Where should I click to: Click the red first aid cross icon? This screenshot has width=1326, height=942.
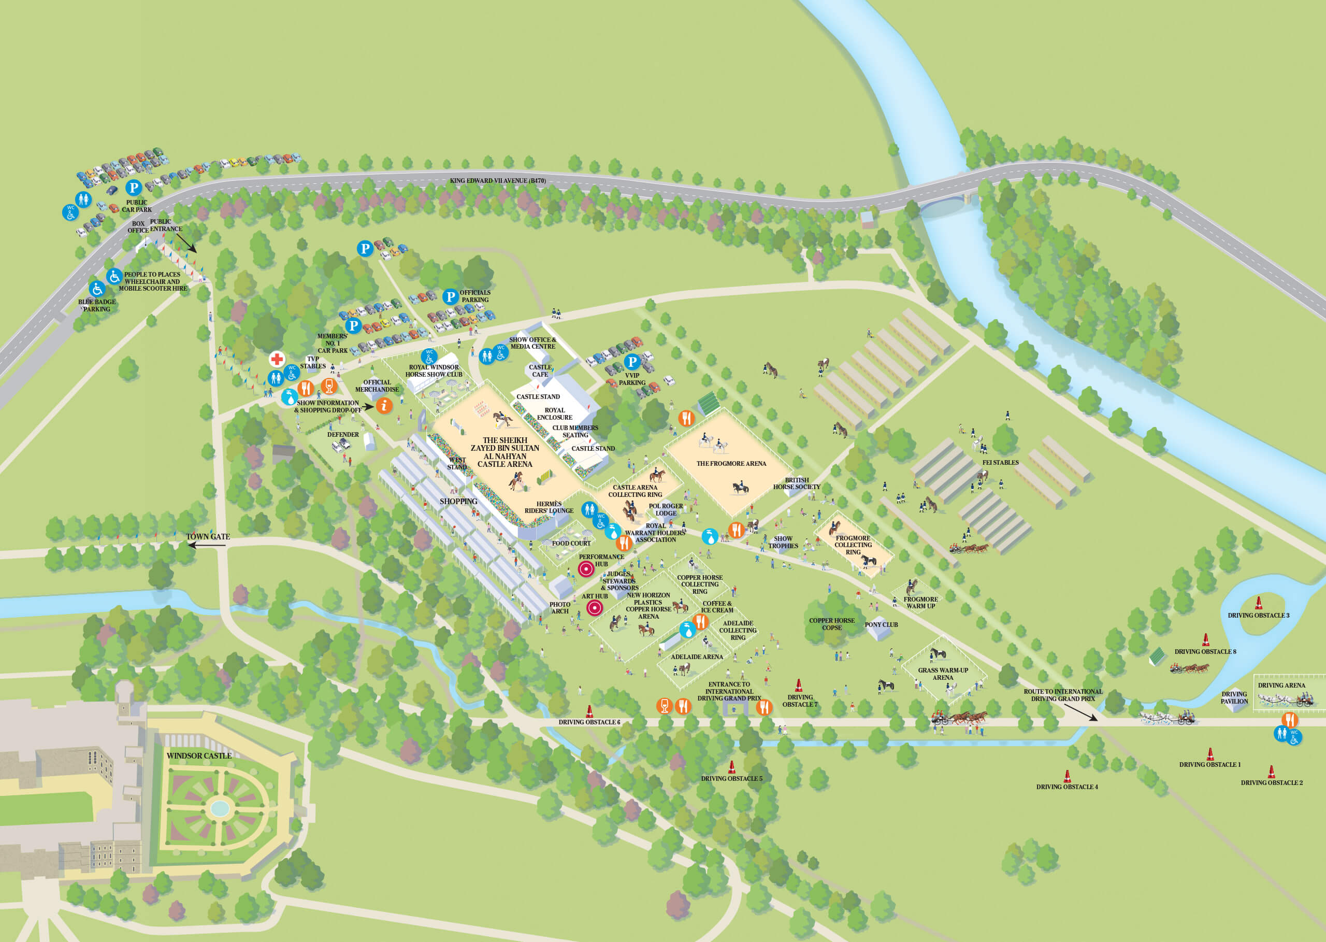tap(277, 359)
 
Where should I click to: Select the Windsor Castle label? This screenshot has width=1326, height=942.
tap(199, 756)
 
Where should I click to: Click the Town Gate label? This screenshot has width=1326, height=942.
tap(208, 536)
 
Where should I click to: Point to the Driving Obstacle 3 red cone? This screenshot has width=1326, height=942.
tap(1259, 603)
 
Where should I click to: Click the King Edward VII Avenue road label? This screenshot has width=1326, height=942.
tap(497, 180)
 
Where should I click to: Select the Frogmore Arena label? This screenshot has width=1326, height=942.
tap(731, 463)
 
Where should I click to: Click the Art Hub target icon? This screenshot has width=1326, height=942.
tap(594, 608)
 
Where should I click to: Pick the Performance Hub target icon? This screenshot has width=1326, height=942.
tap(586, 569)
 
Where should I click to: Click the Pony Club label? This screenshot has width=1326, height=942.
tap(881, 625)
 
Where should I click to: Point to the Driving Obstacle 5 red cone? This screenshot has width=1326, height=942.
tap(732, 767)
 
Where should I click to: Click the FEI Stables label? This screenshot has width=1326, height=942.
tap(1000, 462)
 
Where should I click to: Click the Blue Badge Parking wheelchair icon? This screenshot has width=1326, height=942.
tap(97, 288)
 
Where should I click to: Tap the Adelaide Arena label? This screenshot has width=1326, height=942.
tap(696, 656)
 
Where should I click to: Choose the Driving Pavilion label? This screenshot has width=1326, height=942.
tap(1234, 697)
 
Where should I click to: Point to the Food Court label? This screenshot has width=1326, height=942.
tap(571, 544)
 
